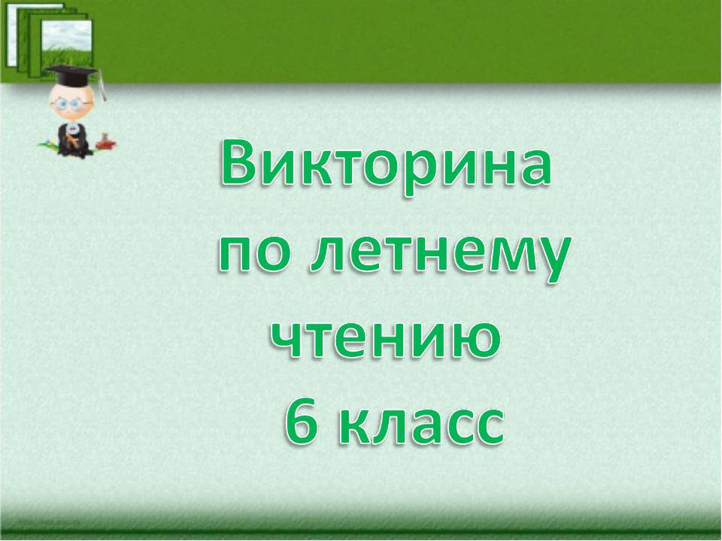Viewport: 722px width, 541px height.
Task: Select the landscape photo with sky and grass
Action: [68, 41]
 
